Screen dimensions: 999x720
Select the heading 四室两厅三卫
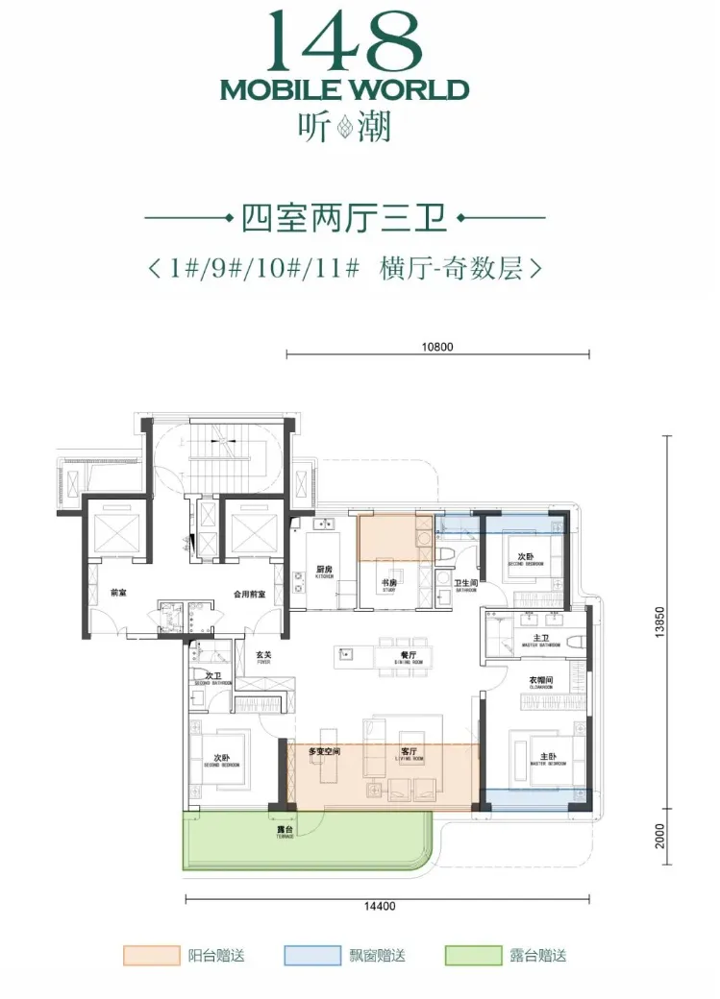coord(344,219)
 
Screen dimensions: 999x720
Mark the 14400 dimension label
coord(381,906)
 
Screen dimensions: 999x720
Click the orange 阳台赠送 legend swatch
coord(151,956)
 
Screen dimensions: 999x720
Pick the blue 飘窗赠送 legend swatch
coord(312,956)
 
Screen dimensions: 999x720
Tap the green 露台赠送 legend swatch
coord(473,956)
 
